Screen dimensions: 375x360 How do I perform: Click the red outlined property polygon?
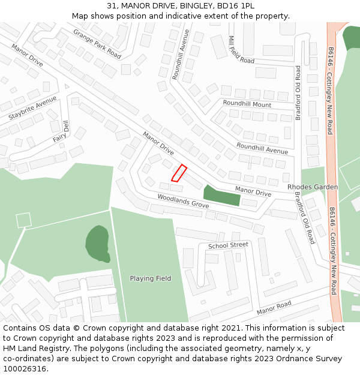pyautogui.click(x=179, y=173)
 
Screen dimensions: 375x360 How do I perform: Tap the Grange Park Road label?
pyautogui.click(x=97, y=43)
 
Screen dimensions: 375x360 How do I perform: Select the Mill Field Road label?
pyautogui.click(x=241, y=49)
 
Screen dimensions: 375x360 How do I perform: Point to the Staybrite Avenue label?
pyautogui.click(x=32, y=107)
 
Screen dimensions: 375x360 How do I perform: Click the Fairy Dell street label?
pyautogui.click(x=62, y=133)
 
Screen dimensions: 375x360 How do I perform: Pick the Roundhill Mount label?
pyautogui.click(x=247, y=104)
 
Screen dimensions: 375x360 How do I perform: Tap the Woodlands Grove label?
pyautogui.click(x=183, y=200)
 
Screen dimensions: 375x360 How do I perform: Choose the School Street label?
pyautogui.click(x=228, y=245)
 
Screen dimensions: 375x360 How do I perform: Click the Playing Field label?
pyautogui.click(x=151, y=278)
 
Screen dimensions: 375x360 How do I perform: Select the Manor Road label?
pyautogui.click(x=274, y=308)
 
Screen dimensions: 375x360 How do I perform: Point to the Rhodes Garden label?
pyautogui.click(x=313, y=187)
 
